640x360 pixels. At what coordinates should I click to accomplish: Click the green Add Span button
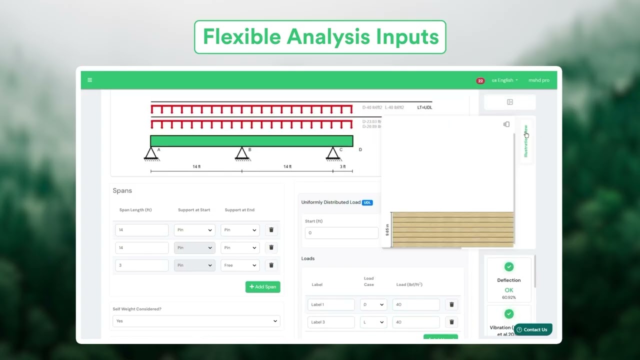262,287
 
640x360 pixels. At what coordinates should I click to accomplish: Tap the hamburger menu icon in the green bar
89,80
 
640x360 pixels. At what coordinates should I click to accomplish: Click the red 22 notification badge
480,80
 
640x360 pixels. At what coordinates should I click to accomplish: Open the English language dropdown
504,80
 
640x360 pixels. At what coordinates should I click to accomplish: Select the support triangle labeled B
242,153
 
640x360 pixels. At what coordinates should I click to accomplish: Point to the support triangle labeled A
151,153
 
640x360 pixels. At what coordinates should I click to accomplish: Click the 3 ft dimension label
342,166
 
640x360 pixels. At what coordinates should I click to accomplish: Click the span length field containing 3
141,265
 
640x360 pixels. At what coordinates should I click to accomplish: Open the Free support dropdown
240,265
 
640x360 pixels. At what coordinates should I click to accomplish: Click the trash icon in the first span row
271,230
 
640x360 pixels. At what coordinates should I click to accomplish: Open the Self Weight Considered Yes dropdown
196,321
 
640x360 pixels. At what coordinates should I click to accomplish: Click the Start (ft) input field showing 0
341,233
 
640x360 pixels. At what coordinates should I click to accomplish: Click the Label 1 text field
331,304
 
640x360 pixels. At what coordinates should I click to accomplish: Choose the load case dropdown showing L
373,322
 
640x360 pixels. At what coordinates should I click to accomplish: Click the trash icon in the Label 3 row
451,322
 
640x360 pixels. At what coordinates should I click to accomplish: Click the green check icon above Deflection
509,267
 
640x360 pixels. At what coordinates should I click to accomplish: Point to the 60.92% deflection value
509,297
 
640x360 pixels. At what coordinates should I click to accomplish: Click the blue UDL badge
367,202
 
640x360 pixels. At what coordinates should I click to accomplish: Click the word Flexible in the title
241,37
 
